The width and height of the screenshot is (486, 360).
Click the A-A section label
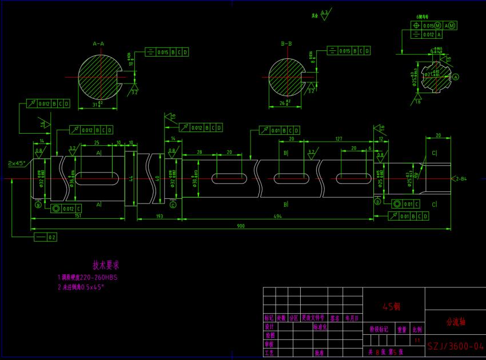98,43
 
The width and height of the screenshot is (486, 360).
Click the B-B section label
286,43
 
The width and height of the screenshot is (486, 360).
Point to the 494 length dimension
278,215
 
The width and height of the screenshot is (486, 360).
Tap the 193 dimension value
160,215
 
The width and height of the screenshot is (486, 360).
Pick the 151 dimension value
77,215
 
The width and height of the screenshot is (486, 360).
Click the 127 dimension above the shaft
338,138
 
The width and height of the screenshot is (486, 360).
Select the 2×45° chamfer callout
15,163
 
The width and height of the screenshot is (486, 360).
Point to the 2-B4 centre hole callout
460,179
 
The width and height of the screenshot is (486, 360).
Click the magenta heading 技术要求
106,265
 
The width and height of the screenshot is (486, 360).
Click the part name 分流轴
456,322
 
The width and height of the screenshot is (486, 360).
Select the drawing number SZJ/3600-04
456,346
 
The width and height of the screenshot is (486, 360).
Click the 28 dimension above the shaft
200,153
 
